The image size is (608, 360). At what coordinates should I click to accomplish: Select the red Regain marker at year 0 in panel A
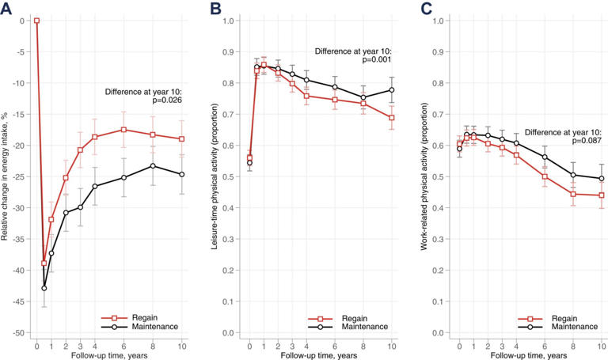tap(36, 21)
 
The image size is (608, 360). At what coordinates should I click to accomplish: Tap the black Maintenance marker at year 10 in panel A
tap(182, 174)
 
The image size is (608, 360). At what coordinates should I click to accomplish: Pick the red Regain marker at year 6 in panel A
tap(123, 130)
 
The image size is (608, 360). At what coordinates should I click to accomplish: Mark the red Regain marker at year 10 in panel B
tap(391, 118)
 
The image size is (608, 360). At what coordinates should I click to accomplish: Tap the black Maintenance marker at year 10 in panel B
tap(391, 90)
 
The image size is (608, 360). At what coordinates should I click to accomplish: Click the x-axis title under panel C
tap(530, 354)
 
